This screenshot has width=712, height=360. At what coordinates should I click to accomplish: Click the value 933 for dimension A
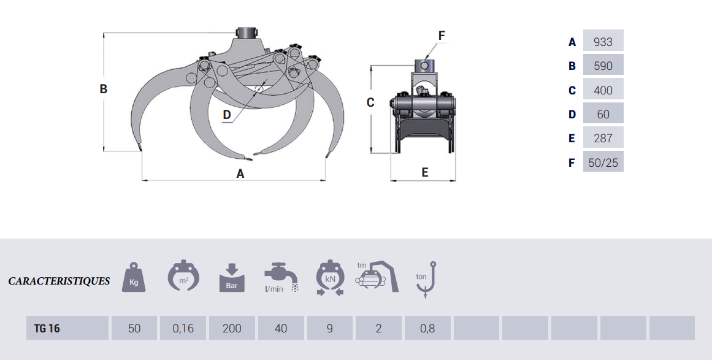tap(603, 42)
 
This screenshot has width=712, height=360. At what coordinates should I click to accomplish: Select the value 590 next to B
tap(603, 66)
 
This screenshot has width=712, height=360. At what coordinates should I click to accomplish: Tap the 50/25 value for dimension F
tap(603, 163)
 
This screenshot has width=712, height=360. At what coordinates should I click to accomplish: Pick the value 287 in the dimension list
tap(603, 139)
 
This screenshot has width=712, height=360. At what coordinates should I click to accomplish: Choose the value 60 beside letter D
tap(603, 115)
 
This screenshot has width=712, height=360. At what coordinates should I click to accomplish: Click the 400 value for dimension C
tap(603, 90)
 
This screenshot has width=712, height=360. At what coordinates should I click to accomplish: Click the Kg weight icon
tap(134, 277)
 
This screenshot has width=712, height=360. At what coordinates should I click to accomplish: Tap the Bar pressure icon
tap(232, 277)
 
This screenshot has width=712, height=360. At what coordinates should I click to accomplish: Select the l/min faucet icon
tap(281, 277)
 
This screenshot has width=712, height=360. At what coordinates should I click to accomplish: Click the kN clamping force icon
tap(330, 278)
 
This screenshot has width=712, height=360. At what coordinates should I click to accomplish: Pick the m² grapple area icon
tap(183, 275)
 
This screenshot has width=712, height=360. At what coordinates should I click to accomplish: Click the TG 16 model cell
tap(67, 327)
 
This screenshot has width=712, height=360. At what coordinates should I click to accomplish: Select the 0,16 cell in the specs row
tap(183, 327)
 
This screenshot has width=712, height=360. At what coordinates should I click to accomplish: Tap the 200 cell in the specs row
tap(232, 327)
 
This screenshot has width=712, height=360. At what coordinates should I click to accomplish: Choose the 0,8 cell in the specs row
tap(427, 327)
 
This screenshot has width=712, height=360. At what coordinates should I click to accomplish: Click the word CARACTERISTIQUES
tap(59, 281)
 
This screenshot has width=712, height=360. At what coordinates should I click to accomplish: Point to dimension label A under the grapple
tap(240, 174)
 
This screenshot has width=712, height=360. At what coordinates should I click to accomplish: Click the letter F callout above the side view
tap(442, 36)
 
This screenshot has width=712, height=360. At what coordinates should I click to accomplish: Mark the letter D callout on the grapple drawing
tap(226, 115)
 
